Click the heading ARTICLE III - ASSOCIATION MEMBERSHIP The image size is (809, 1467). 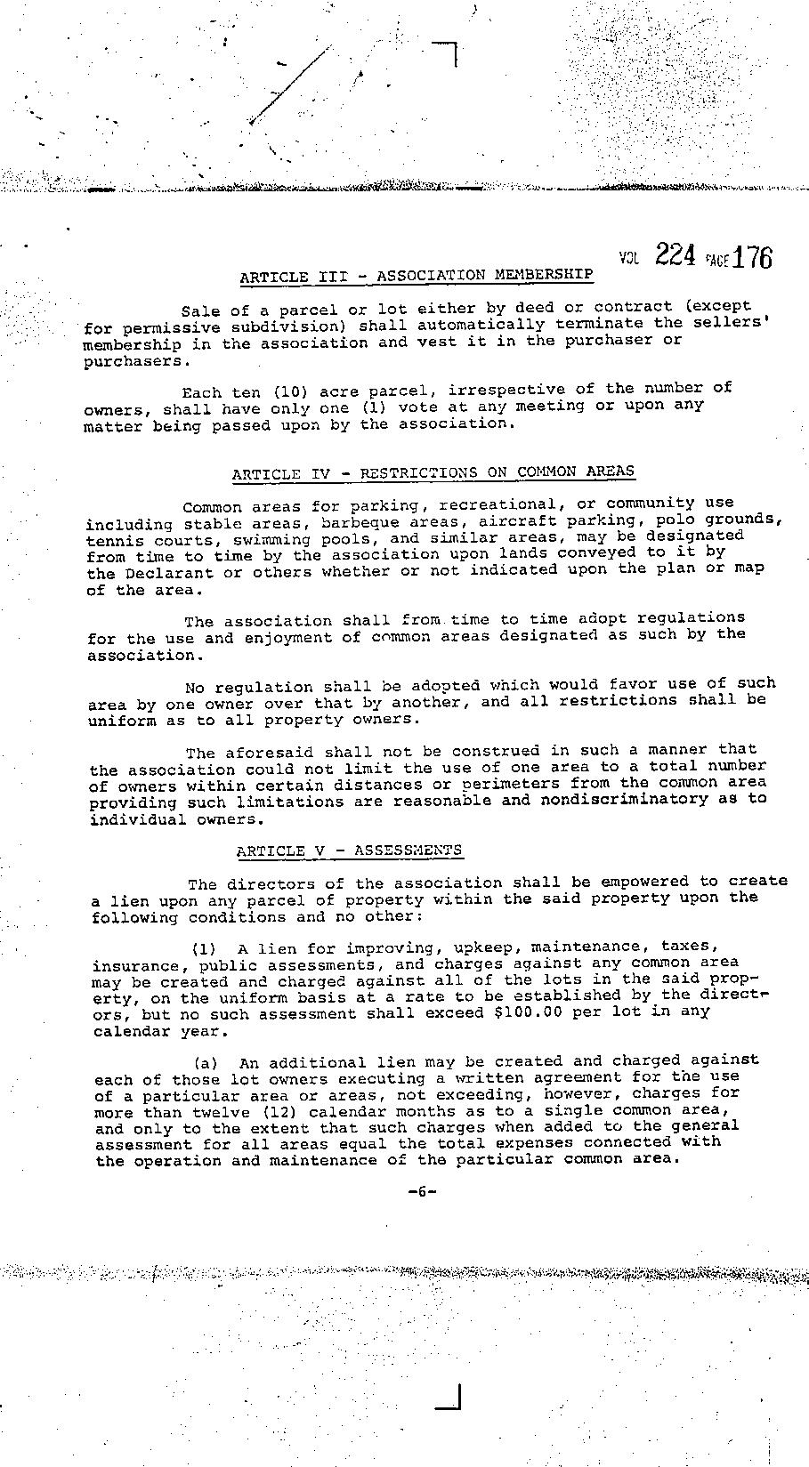[x=416, y=276]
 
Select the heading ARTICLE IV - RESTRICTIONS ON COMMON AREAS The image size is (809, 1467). [x=433, y=473]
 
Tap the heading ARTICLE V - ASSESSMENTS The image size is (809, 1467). [x=349, y=850]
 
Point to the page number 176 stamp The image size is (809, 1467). [x=753, y=257]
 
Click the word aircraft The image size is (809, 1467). [x=516, y=520]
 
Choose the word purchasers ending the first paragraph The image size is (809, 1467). [x=135, y=362]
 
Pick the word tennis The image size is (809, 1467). [x=111, y=541]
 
